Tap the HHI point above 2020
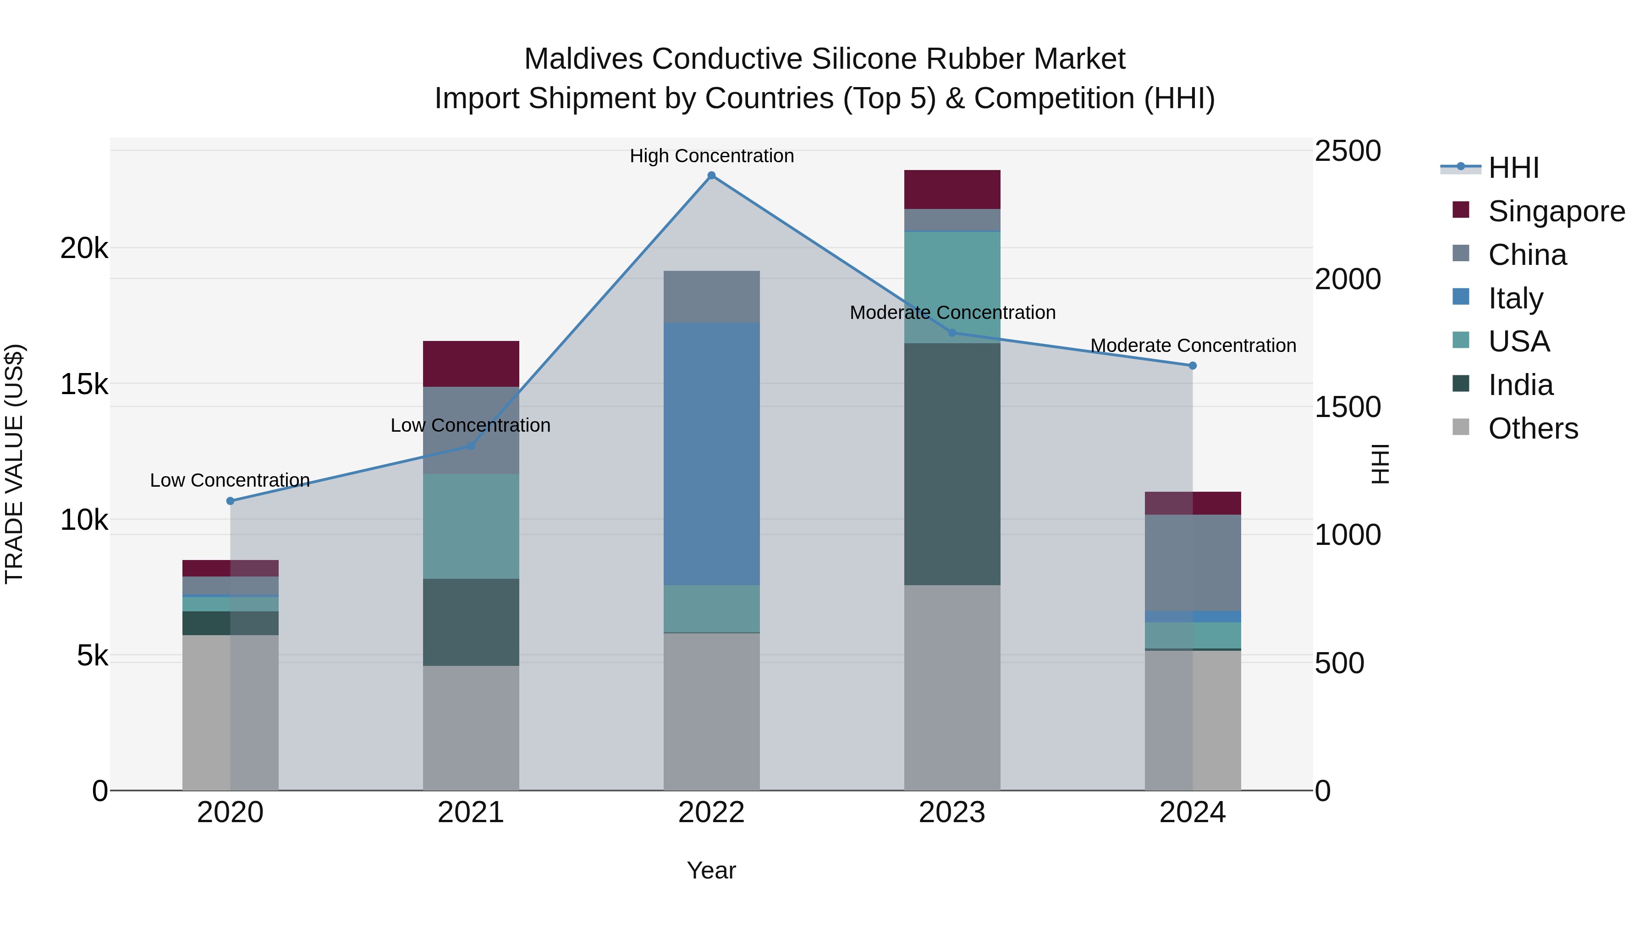click(x=231, y=501)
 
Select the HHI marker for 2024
click(x=1193, y=366)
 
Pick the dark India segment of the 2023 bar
click(x=952, y=464)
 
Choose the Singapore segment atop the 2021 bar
click(x=471, y=364)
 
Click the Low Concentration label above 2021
click(x=470, y=425)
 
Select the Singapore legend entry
click(x=1556, y=211)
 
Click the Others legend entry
click(x=1533, y=428)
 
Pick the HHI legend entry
click(x=1513, y=168)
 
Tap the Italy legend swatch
click(x=1461, y=297)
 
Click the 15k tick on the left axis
click(x=84, y=384)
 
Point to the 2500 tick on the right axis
click(x=1347, y=152)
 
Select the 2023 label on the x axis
click(x=952, y=813)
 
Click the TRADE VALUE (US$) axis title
click(x=14, y=464)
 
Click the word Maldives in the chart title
click(x=583, y=59)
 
